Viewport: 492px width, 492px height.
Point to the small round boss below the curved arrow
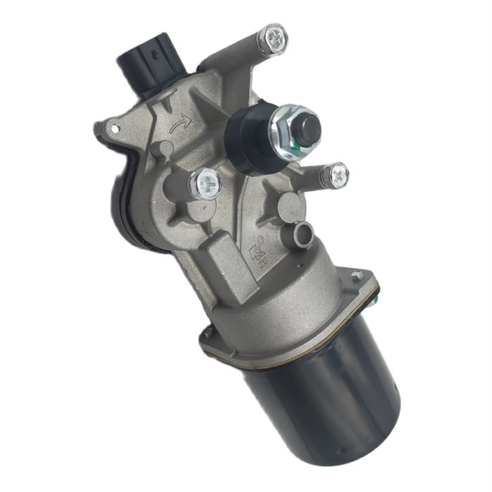pyautogui.click(x=162, y=149)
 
